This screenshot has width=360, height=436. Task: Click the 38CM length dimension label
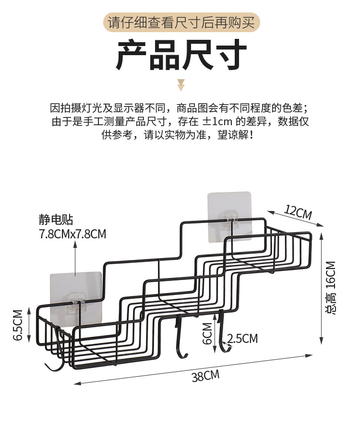(x=205, y=376)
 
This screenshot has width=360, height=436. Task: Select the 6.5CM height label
(x=17, y=324)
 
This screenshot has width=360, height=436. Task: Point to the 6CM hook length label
(x=207, y=333)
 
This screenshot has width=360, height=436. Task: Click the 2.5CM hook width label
(x=242, y=339)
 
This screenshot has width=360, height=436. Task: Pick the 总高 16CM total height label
(x=331, y=287)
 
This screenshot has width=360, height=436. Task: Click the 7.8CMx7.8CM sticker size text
(x=72, y=234)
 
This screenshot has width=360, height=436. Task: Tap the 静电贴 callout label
(x=56, y=220)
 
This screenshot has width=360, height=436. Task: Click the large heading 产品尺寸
(x=181, y=56)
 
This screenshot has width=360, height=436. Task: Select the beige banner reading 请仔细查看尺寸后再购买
(x=181, y=23)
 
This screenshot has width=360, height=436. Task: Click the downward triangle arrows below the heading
(x=181, y=85)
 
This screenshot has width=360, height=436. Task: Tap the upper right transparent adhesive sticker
(x=230, y=215)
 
